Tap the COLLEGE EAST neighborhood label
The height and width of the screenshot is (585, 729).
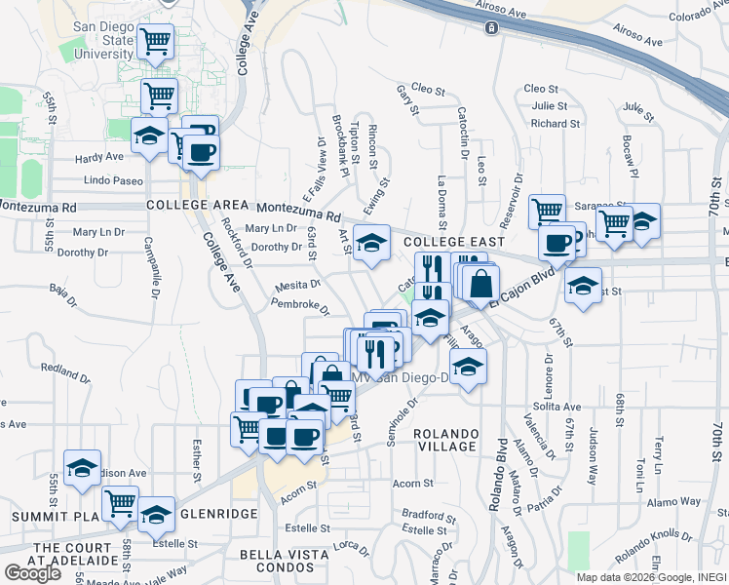pyautogui.click(x=453, y=242)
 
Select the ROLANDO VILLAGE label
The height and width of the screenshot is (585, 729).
pyautogui.click(x=445, y=441)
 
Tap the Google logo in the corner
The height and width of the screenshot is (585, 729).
pyautogui.click(x=32, y=572)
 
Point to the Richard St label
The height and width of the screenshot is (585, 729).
pyautogui.click(x=556, y=124)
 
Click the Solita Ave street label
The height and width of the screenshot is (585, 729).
pyautogui.click(x=556, y=407)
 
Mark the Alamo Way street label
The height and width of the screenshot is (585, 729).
pyautogui.click(x=676, y=501)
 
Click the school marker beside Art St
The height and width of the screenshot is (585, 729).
pyautogui.click(x=370, y=242)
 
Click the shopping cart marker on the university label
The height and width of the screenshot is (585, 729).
pyautogui.click(x=156, y=41)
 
